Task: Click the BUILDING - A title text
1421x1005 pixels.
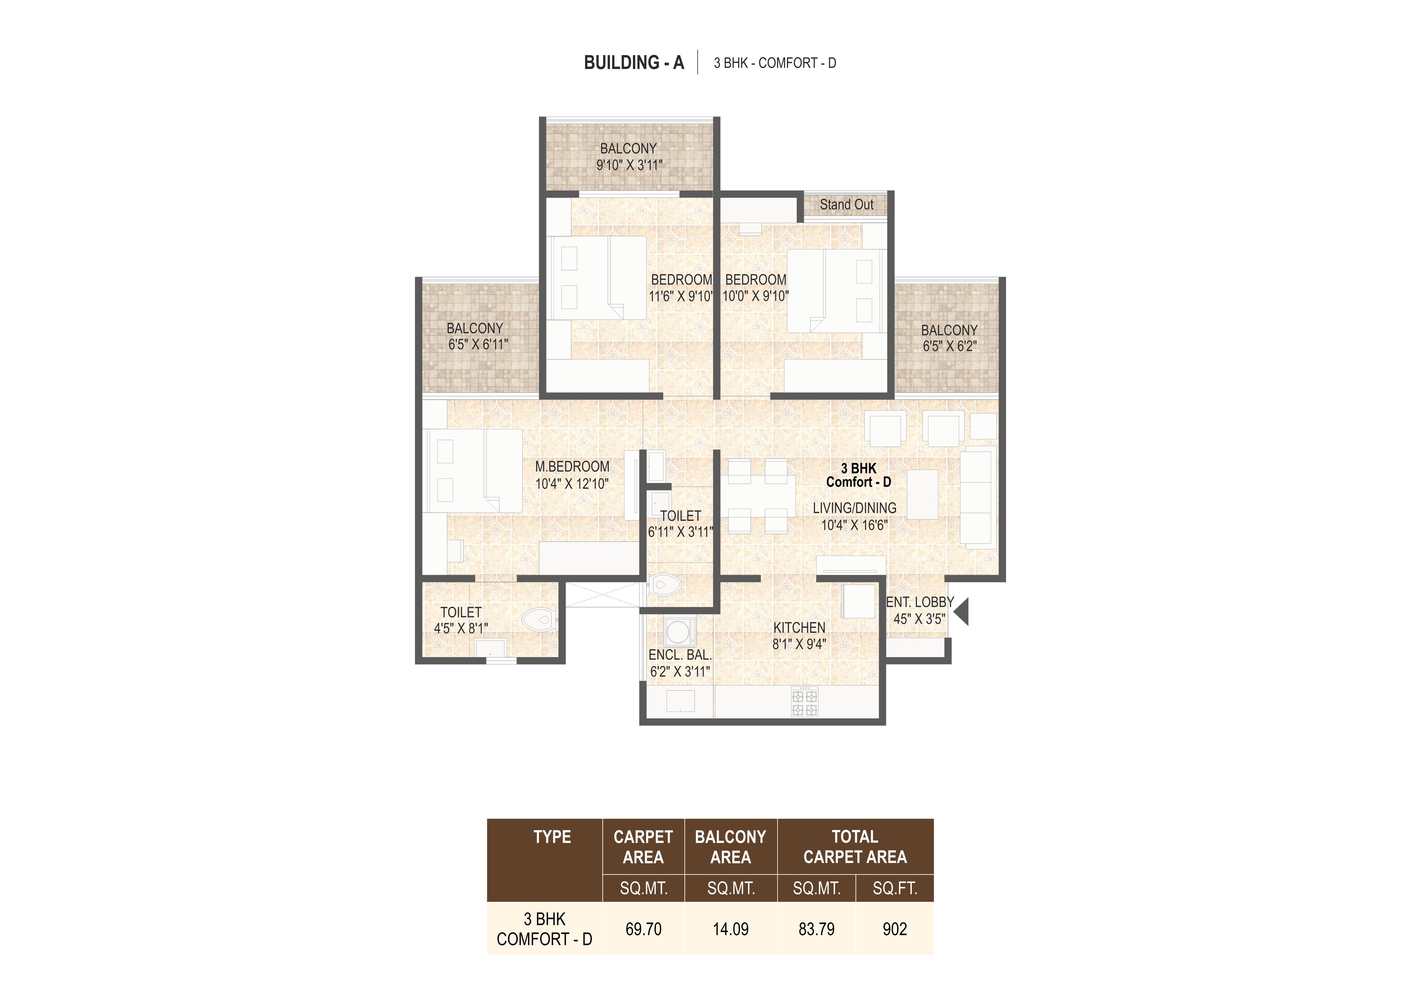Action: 634,62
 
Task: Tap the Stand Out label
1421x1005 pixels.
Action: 847,204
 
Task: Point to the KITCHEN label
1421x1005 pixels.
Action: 799,628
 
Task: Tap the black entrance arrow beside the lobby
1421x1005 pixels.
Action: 961,612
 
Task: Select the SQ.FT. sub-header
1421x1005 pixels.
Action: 895,889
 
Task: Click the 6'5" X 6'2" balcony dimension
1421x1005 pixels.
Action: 949,346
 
